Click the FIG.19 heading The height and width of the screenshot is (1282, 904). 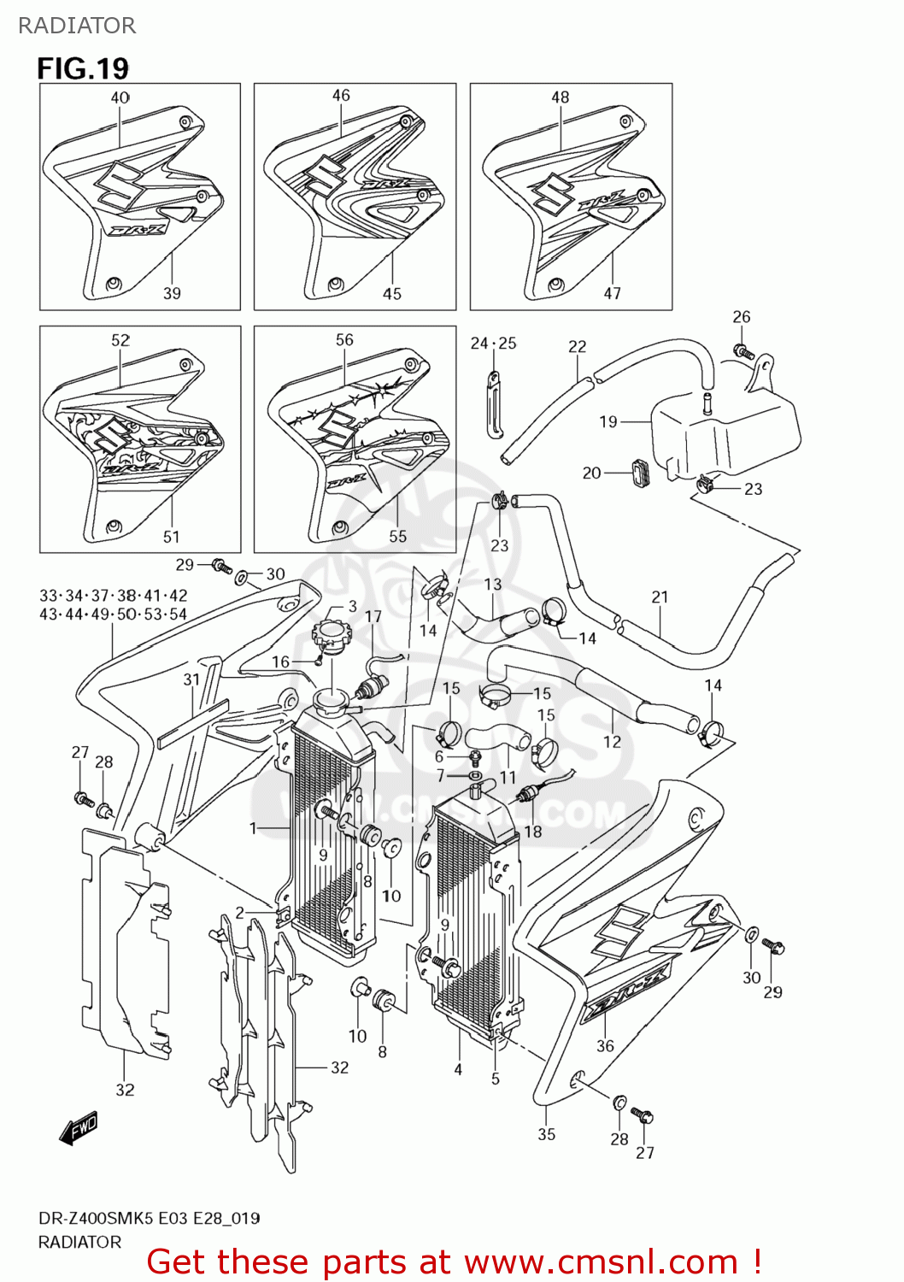coord(83,68)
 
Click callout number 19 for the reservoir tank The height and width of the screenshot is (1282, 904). coord(608,421)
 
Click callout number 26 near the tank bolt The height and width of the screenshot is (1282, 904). coord(741,317)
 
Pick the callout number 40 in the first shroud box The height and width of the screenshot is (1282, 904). coord(120,97)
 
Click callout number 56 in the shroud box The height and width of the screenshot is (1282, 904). coord(344,340)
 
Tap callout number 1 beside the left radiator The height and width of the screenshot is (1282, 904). coord(253,827)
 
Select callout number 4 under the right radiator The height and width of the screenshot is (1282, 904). coord(458,1069)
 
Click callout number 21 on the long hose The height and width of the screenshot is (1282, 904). coord(660,597)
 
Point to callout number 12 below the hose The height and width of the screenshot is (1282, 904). coord(612,742)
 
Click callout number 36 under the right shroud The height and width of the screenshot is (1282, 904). coord(605,1046)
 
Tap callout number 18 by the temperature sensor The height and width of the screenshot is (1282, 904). coord(532,832)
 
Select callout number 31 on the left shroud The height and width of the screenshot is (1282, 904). coord(191,679)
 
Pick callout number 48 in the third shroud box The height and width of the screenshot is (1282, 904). coord(560,97)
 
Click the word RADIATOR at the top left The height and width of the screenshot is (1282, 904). coord(77,26)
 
